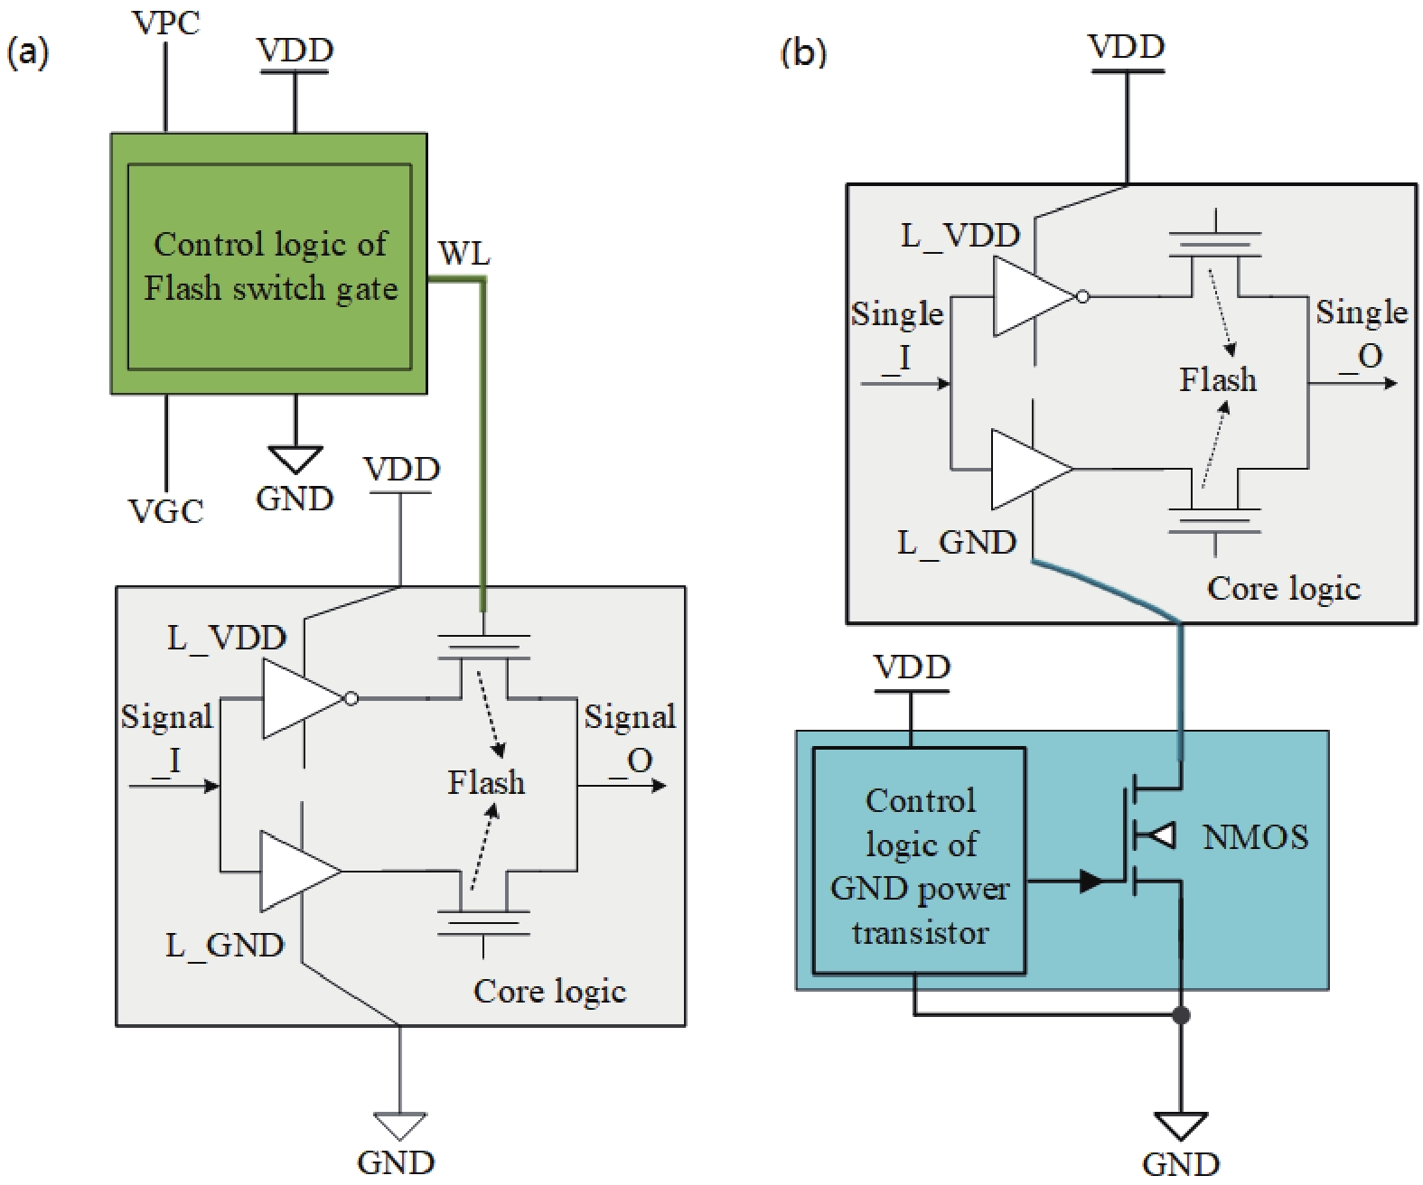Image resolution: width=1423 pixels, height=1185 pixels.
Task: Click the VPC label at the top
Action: pyautogui.click(x=166, y=22)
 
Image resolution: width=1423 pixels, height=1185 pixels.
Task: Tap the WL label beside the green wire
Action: pyautogui.click(x=463, y=254)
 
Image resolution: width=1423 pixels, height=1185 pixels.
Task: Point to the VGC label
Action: pyautogui.click(x=166, y=512)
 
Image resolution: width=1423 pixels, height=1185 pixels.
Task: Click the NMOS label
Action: pyautogui.click(x=1255, y=837)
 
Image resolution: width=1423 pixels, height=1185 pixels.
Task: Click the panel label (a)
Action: pyautogui.click(x=27, y=52)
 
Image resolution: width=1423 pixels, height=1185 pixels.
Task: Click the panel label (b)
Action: pyautogui.click(x=802, y=52)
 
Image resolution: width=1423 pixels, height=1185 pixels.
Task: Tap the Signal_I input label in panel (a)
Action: pyautogui.click(x=167, y=737)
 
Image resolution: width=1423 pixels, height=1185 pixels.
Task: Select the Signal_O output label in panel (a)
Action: pyautogui.click(x=630, y=737)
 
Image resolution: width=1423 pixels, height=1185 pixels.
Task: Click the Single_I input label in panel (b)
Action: pyautogui.click(x=896, y=334)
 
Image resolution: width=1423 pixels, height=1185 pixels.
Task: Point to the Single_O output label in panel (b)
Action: pyautogui.click(x=1361, y=333)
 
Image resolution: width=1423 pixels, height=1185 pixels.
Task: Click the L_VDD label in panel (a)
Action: pyautogui.click(x=227, y=639)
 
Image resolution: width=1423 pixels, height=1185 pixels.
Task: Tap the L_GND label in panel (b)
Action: pyautogui.click(x=957, y=543)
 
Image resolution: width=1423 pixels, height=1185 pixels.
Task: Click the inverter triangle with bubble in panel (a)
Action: pyautogui.click(x=303, y=699)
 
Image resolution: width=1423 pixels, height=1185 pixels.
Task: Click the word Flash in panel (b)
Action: pyautogui.click(x=1217, y=379)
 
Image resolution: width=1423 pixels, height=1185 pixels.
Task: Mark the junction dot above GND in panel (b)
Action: pyautogui.click(x=1180, y=1015)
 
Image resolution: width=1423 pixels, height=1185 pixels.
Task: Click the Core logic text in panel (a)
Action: pyautogui.click(x=549, y=991)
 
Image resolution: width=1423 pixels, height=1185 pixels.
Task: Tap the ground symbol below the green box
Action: pyautogui.click(x=295, y=459)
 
